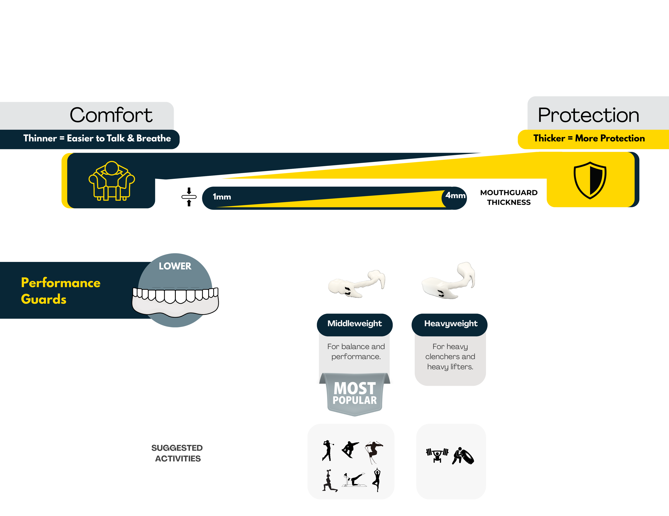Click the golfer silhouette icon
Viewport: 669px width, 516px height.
click(327, 450)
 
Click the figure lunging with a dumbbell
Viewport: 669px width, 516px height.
click(329, 481)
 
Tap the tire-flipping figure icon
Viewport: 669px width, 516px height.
click(463, 456)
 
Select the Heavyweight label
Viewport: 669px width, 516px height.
click(451, 324)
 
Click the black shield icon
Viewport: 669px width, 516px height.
click(590, 181)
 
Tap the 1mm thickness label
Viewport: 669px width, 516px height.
click(222, 197)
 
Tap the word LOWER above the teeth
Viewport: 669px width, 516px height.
click(175, 266)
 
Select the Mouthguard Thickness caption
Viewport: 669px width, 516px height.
click(509, 197)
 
